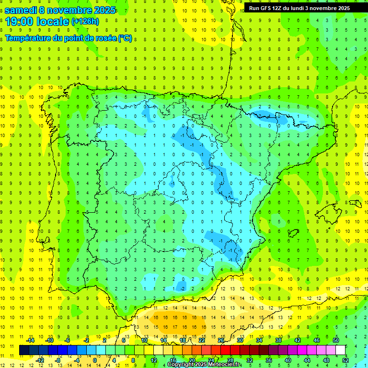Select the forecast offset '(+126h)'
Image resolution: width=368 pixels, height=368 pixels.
click(x=85, y=22)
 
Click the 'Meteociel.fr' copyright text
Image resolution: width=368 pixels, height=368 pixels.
click(x=221, y=365)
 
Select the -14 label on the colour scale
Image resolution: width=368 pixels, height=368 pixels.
click(x=30, y=340)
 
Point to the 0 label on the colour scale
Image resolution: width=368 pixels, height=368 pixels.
click(x=95, y=360)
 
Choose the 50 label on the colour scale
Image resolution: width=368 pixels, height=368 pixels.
click(x=335, y=340)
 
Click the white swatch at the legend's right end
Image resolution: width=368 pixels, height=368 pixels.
click(x=341, y=350)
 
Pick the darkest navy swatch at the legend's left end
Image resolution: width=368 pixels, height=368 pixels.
click(x=24, y=350)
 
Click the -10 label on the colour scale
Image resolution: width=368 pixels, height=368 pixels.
click(x=49, y=340)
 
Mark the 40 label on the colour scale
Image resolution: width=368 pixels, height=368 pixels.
click(x=287, y=360)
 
